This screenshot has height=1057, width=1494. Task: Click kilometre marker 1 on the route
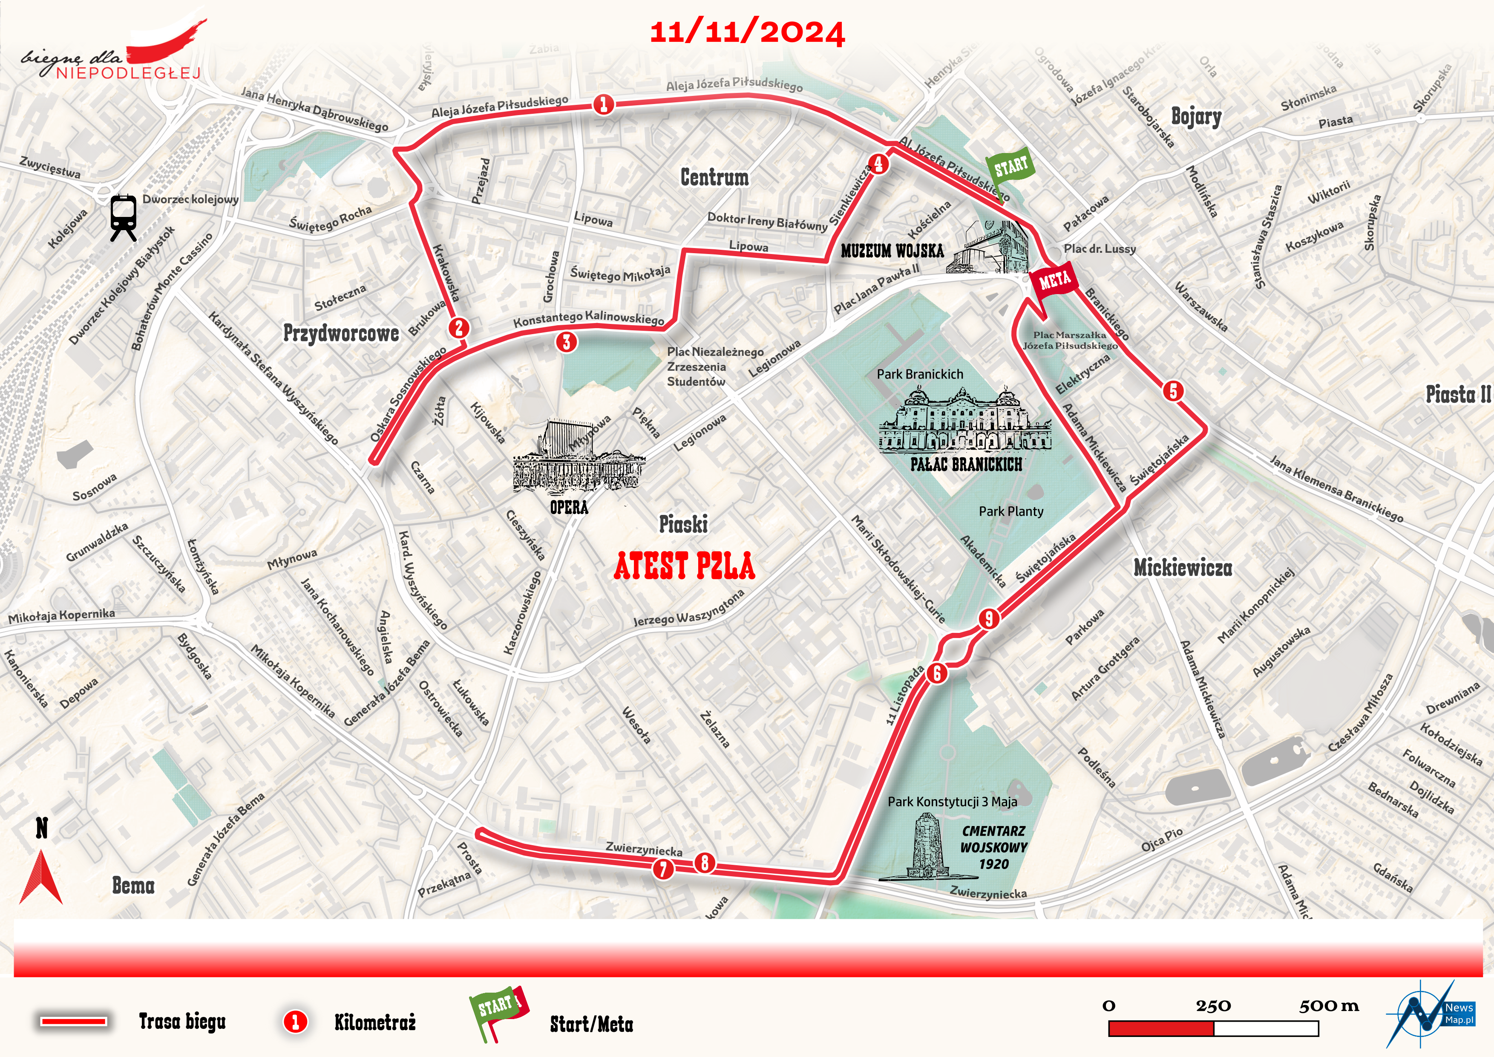coord(603,104)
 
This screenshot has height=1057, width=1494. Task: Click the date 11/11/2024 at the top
coord(747,32)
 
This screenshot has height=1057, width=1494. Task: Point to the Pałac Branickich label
coord(966,464)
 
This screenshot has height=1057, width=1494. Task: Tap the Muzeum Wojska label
coord(892,251)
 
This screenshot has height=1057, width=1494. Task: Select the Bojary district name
coord(1196,117)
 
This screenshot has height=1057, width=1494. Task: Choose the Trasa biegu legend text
coord(182,1021)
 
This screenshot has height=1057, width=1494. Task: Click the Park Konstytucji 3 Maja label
coord(952,802)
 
